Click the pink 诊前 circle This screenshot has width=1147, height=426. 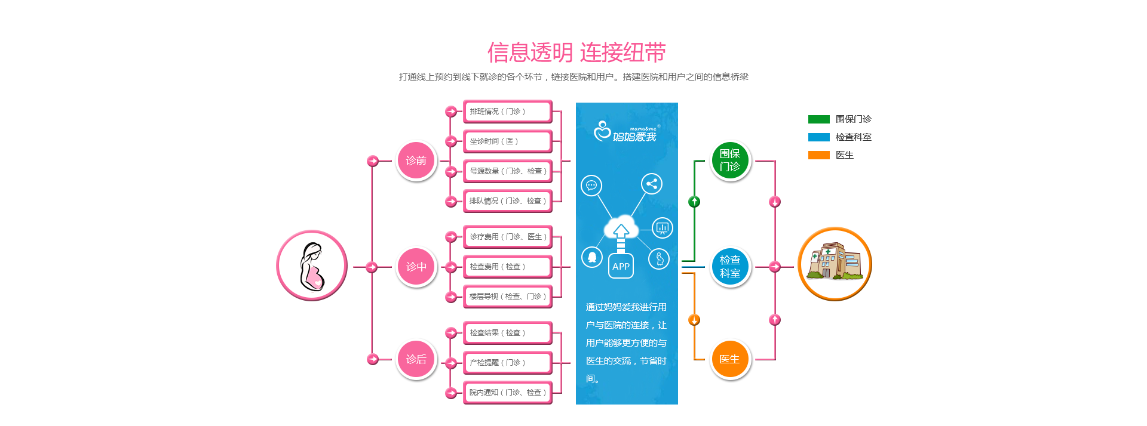tap(416, 160)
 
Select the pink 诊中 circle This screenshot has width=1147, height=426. tap(416, 267)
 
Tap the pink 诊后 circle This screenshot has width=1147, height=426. tap(416, 359)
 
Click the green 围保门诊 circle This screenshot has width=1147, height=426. tap(730, 160)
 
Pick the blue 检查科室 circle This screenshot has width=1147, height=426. tap(730, 267)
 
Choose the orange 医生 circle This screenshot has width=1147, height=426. tap(730, 359)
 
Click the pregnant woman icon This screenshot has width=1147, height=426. tap(312, 266)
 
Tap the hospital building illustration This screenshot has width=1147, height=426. tap(835, 263)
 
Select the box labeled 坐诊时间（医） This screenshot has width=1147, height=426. tap(507, 141)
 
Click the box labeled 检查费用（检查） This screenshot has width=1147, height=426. tap(507, 267)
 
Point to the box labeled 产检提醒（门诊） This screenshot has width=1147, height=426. tap(507, 363)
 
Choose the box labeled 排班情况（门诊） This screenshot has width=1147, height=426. tap(507, 112)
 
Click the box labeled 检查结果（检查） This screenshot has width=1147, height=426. tap(507, 333)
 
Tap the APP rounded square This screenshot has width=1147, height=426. tap(621, 266)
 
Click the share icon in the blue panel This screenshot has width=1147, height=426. tap(652, 184)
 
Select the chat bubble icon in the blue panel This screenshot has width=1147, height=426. tap(591, 186)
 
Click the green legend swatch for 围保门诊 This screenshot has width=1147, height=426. tap(818, 119)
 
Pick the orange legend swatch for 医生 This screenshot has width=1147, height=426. tap(818, 155)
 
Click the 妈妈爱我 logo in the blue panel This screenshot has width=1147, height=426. tap(625, 132)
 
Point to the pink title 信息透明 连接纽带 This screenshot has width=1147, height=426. tap(576, 53)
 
